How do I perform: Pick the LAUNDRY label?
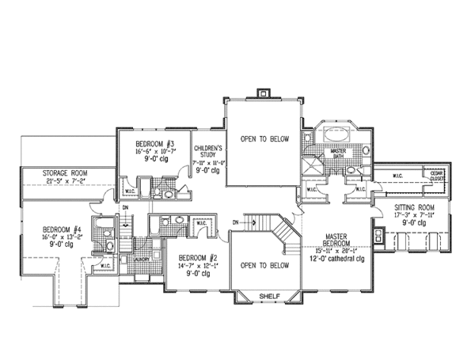142,258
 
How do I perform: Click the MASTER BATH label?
339,153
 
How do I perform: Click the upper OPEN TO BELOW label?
264,138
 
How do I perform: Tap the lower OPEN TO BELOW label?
264,265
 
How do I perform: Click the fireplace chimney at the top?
264,93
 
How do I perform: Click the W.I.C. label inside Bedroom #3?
129,191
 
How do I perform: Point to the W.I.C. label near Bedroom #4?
104,266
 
